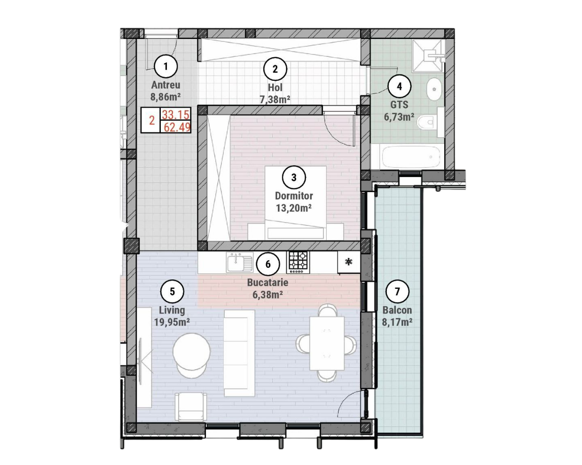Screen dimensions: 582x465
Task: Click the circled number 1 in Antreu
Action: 166,66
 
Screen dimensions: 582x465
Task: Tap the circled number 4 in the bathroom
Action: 400,86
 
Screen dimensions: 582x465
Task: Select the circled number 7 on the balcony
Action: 397,291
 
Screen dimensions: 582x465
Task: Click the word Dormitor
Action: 294,195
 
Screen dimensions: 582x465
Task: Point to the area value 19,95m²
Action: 172,322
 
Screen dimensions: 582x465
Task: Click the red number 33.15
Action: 176,115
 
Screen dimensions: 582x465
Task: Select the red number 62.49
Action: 177,127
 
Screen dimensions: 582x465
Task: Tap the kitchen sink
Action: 240,263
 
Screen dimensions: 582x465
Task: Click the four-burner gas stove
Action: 298,263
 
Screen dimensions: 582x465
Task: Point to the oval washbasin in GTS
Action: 434,89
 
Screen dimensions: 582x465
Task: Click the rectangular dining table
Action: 327,343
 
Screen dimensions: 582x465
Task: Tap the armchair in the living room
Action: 191,406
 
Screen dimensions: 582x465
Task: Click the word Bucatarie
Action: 268,283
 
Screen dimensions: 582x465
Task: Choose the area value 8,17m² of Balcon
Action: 397,322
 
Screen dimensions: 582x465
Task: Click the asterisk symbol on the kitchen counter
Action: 349,262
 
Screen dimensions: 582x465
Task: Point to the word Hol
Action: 275,87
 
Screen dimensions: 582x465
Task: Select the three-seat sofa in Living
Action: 240,353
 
